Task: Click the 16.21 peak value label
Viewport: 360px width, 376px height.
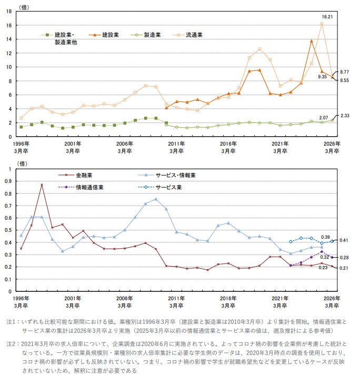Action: tap(326, 17)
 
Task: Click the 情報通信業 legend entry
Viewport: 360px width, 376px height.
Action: tap(89, 187)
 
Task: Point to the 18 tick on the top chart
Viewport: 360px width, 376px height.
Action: tap(9, 11)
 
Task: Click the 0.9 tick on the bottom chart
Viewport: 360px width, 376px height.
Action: tap(8, 181)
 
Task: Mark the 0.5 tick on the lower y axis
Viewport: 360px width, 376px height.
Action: tap(8, 230)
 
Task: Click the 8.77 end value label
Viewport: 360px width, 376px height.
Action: tap(345, 72)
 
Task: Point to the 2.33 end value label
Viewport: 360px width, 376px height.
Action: tap(345, 116)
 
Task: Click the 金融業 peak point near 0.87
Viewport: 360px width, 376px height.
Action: tap(42, 185)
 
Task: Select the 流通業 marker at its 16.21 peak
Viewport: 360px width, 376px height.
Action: tap(322, 24)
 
